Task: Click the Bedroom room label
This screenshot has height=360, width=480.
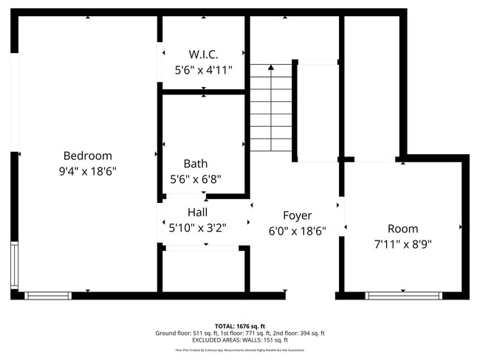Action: [x=87, y=156]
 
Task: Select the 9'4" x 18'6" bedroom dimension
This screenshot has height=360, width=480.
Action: [x=87, y=170]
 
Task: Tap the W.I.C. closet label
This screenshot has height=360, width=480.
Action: [x=203, y=55]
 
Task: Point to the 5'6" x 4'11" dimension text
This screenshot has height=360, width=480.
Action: [x=203, y=70]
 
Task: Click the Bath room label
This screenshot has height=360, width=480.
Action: [x=196, y=164]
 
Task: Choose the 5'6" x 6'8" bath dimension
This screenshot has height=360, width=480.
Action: [x=196, y=179]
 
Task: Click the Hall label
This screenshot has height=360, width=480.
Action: [x=197, y=212]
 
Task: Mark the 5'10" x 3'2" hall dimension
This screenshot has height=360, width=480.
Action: [x=197, y=228]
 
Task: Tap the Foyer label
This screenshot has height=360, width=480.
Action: [x=297, y=215]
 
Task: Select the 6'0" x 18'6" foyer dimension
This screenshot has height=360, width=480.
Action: [x=297, y=231]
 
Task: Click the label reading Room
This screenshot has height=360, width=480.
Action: [x=402, y=229]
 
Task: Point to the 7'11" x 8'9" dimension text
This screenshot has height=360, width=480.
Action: [x=402, y=244]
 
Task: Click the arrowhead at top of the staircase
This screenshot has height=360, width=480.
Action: [x=271, y=68]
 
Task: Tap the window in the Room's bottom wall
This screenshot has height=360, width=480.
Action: [x=403, y=296]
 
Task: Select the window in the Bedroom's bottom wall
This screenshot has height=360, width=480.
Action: [x=48, y=296]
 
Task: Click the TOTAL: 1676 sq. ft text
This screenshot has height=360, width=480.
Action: [x=240, y=325]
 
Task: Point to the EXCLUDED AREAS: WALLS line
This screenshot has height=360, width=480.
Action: [x=240, y=340]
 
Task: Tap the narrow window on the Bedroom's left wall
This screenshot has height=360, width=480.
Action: [x=14, y=266]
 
